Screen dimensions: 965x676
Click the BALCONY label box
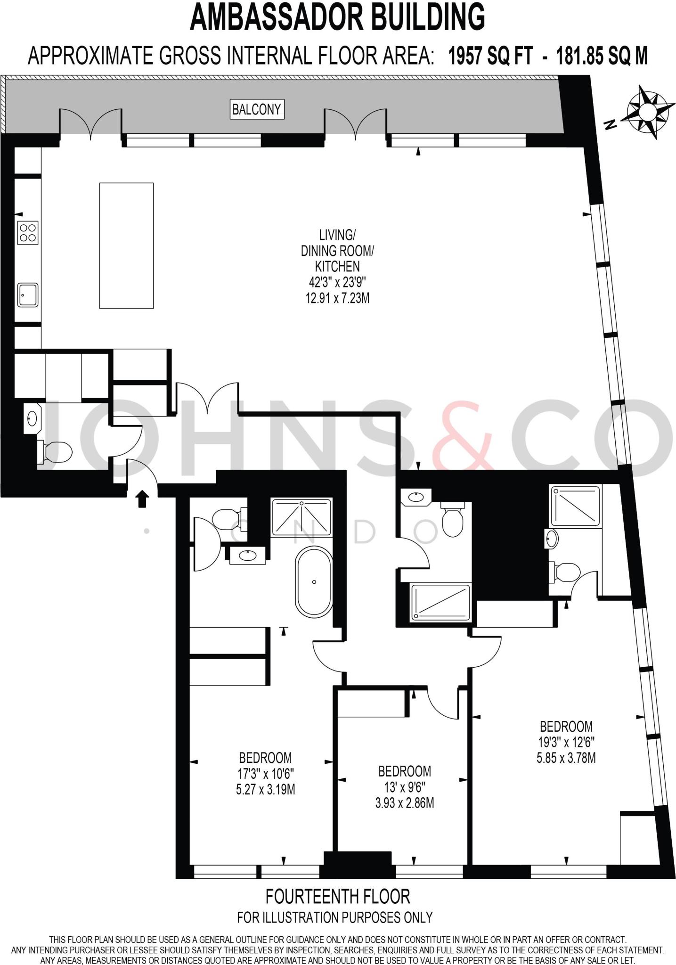pos(257,109)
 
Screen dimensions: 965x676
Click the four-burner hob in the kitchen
pos(28,233)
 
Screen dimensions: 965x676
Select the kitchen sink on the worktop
pos(28,295)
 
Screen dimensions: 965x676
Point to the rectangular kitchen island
pos(126,245)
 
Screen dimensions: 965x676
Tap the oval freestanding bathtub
pos(314,582)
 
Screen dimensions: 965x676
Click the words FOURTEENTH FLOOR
pos(338,896)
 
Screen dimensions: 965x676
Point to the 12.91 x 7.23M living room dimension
pos(337,298)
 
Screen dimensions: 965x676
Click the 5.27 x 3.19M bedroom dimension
pos(265,789)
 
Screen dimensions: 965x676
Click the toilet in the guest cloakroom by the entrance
pos(55,452)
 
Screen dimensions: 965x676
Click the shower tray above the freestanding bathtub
pos(301,517)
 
